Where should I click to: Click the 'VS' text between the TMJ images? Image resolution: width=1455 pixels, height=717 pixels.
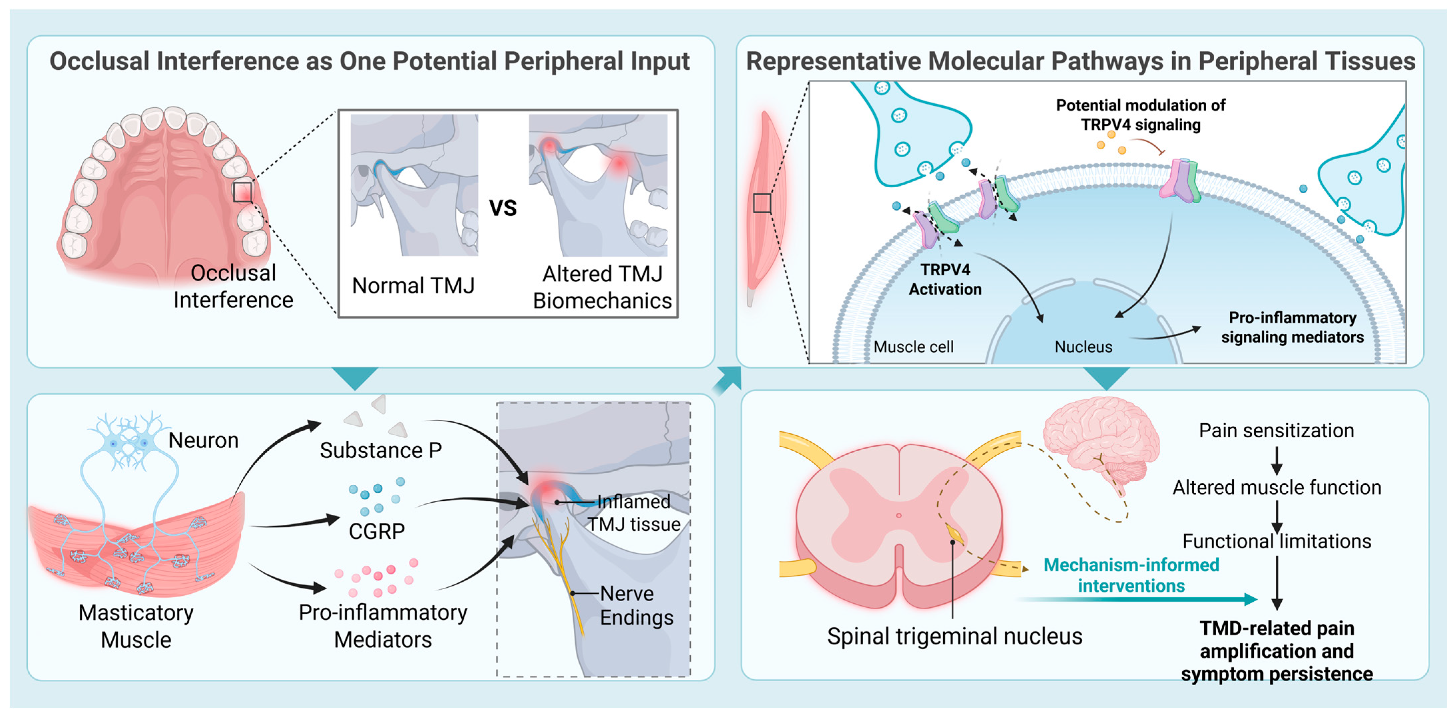503,208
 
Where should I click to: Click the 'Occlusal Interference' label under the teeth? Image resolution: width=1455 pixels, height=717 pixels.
233,286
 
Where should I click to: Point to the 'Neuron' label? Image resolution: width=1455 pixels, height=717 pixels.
203,440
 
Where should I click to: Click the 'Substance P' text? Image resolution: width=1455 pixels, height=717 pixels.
381,450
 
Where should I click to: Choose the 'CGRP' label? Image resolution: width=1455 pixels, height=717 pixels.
377,531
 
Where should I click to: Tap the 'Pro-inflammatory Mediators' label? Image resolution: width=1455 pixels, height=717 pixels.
383,626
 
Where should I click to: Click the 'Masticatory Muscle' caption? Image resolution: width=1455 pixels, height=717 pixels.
136,626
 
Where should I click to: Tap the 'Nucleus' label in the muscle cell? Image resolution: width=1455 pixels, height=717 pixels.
1083,347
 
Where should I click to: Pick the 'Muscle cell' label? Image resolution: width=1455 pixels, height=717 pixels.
913,347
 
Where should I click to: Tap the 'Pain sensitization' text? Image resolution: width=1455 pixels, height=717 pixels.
1276,431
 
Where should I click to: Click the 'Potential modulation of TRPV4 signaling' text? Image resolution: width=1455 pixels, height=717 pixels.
1140,115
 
